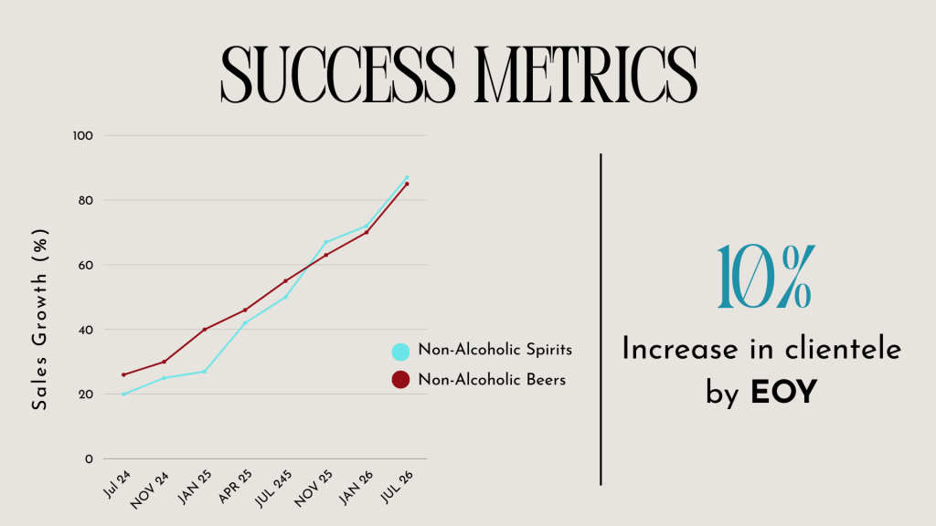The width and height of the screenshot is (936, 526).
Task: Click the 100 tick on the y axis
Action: pos(84,135)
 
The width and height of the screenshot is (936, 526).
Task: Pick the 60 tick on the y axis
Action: pos(84,265)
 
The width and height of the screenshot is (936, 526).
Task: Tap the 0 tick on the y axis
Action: pos(89,459)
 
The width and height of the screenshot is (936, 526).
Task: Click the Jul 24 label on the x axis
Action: pos(117,485)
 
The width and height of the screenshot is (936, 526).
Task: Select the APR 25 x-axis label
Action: pos(237,488)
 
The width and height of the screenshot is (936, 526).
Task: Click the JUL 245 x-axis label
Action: pos(275,489)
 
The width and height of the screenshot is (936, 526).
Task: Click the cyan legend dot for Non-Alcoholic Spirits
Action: pos(399,351)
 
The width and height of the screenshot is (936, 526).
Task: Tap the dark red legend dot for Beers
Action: pos(399,380)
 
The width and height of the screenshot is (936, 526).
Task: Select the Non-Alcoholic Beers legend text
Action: pos(492,380)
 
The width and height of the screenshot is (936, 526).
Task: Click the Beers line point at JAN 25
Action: pos(204,330)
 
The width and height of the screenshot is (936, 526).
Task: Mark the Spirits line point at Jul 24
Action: pos(123,394)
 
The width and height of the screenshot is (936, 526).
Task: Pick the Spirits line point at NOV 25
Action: pos(325,242)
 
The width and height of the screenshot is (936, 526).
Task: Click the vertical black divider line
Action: pos(601,319)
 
